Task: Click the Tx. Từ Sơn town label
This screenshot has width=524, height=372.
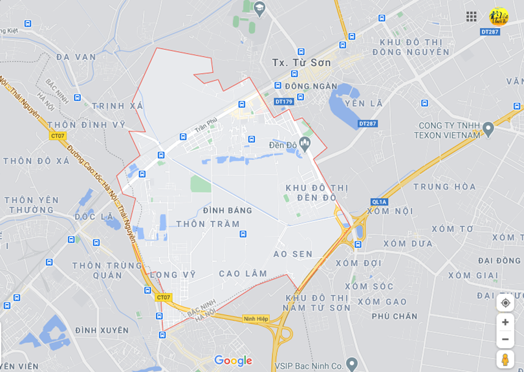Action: click(x=301, y=63)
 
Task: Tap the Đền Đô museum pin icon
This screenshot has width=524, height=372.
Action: click(x=305, y=142)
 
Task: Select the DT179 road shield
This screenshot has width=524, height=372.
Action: click(x=283, y=102)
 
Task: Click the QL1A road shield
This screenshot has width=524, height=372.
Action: click(x=378, y=202)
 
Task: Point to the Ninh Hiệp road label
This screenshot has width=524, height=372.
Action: click(x=256, y=318)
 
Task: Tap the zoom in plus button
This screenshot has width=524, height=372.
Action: click(x=505, y=322)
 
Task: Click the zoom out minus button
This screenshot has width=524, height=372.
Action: click(x=505, y=339)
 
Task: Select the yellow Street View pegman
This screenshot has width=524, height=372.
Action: click(x=505, y=359)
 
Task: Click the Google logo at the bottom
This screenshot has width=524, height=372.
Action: click(x=233, y=360)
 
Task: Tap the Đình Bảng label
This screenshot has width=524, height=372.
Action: click(x=227, y=210)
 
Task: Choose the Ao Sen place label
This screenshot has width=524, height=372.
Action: click(x=293, y=254)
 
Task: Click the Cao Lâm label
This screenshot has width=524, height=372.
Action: click(x=243, y=274)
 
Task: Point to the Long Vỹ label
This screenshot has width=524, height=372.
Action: click(x=172, y=274)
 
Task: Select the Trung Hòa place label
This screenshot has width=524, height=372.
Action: click(x=444, y=187)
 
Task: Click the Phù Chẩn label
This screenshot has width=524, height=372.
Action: click(x=395, y=316)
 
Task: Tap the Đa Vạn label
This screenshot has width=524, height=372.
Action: click(x=76, y=57)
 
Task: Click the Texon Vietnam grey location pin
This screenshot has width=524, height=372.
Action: click(x=488, y=129)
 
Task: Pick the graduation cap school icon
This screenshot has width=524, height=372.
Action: click(x=259, y=8)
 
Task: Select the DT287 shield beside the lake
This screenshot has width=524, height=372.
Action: click(x=367, y=124)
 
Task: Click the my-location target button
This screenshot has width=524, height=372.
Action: click(x=505, y=302)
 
